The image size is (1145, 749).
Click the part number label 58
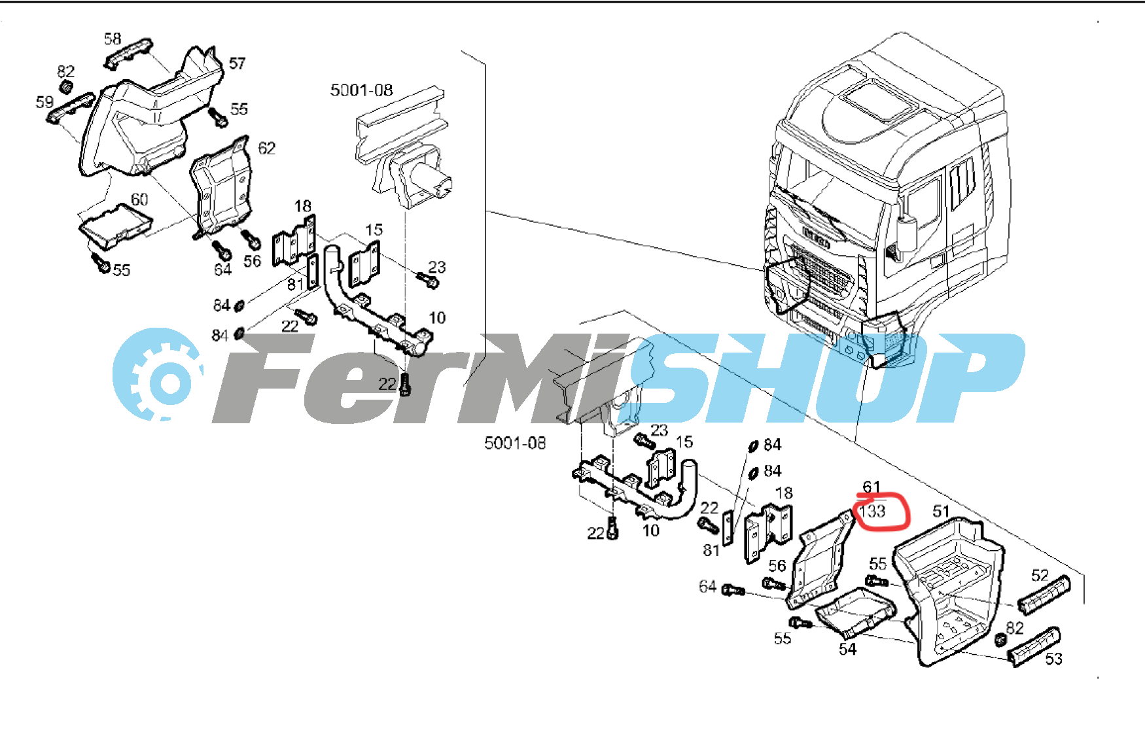[113, 39]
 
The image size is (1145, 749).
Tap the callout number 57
[237, 63]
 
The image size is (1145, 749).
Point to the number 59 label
[44, 102]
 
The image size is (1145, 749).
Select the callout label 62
[267, 148]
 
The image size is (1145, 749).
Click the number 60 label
[139, 199]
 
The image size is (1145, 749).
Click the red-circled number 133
[873, 511]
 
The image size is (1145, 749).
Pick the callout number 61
[872, 487]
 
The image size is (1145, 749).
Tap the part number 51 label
[941, 511]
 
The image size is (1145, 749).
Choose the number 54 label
[847, 649]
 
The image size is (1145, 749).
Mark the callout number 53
[1053, 659]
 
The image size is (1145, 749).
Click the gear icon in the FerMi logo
[158, 375]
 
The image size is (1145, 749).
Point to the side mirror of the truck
[906, 235]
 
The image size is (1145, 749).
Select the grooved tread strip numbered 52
[1044, 595]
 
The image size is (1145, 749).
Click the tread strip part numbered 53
[1034, 647]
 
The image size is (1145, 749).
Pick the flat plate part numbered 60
[115, 225]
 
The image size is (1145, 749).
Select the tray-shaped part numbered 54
[856, 612]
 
